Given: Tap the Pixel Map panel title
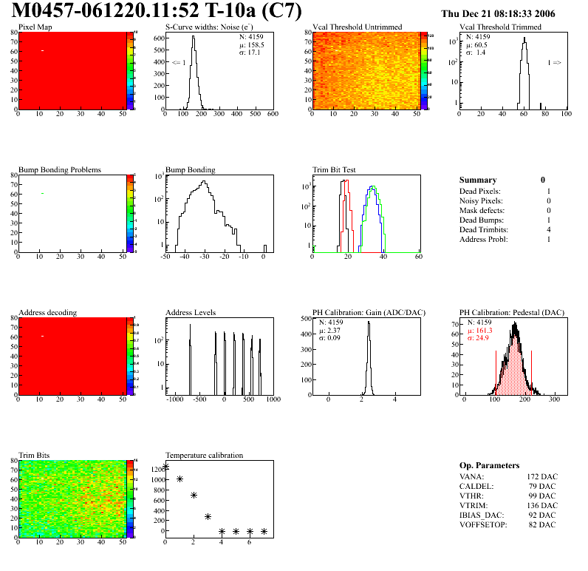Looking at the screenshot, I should (35, 27).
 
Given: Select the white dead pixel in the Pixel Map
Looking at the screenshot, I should (43, 50).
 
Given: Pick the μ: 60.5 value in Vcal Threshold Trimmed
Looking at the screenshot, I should (476, 44).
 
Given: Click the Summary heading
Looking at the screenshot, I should (478, 180).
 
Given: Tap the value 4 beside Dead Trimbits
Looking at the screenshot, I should (548, 229).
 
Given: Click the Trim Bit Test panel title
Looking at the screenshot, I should (334, 169).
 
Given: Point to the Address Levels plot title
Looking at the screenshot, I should (191, 313).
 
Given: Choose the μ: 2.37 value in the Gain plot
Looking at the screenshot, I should (331, 331).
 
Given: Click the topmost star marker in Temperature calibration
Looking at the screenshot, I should (165, 467).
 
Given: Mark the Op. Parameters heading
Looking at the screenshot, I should (489, 465).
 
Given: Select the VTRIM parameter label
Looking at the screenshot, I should (474, 505).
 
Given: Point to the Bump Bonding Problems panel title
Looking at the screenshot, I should (60, 169).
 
